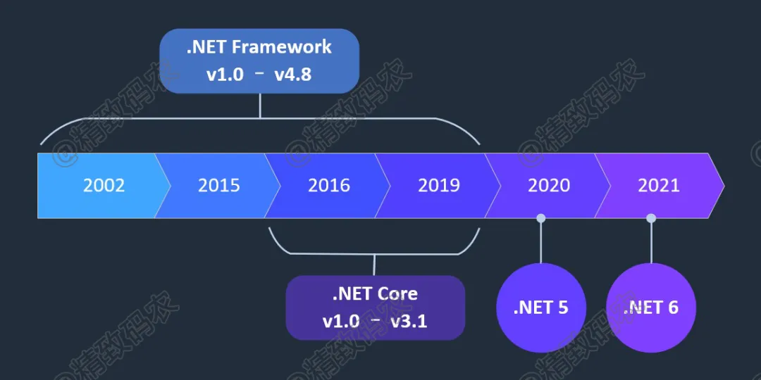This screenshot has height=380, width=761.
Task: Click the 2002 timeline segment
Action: coord(99,185)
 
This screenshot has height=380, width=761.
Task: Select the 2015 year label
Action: coord(218,186)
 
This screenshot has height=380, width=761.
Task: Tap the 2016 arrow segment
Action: coord(328,185)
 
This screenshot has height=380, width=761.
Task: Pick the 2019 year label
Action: coord(438,186)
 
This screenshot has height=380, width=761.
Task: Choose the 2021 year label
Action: coord(659,186)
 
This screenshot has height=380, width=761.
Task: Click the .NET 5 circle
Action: coord(541,308)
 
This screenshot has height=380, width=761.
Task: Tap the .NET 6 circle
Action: coord(651,308)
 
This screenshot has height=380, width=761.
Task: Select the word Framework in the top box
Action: coord(282,48)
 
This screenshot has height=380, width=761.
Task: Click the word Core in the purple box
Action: coord(397,294)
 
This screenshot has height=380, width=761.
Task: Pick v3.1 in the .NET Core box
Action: coord(408,321)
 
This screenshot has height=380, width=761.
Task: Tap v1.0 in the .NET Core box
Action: coord(342,321)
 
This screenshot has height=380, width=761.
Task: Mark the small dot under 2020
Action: coord(541,218)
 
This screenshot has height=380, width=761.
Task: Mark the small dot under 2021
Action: coord(651,218)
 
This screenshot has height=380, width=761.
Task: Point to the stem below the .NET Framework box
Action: coord(260,106)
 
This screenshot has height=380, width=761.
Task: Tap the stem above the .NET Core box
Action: coord(374,265)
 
